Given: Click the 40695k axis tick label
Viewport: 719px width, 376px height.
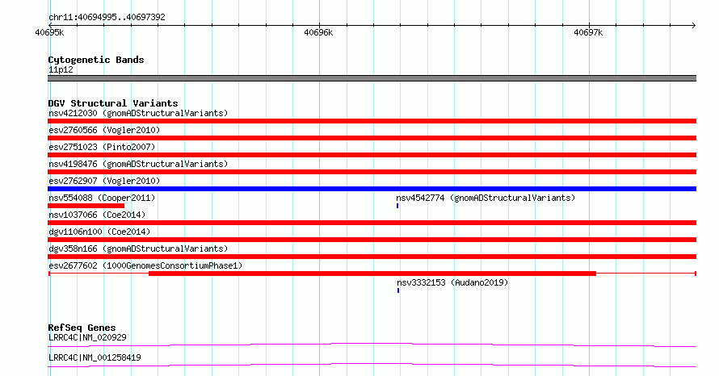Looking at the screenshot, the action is point(49,32).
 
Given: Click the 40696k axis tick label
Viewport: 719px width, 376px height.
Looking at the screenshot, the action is point(318,32).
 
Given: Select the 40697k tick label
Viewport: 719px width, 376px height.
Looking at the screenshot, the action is point(588,32).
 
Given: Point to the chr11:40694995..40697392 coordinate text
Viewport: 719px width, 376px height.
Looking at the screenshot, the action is point(107,17).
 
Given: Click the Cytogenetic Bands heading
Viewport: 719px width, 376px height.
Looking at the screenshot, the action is point(96,60).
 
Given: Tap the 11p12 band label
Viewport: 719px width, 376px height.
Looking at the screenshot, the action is point(61,69).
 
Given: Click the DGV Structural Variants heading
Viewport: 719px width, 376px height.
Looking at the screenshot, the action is point(113,103).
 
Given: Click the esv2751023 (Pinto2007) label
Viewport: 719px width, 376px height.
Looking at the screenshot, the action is point(102,147).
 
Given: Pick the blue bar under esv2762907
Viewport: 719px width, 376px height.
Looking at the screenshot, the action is point(372,189).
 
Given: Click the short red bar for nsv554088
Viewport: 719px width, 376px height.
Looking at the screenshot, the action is point(86,206).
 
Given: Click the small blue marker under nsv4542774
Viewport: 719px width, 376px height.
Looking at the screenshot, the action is point(397,206).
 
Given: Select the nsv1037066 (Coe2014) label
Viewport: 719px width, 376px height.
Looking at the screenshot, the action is point(97,215).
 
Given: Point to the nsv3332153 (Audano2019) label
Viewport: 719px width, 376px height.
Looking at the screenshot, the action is point(452,282).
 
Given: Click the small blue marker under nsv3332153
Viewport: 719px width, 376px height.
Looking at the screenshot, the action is point(398,290).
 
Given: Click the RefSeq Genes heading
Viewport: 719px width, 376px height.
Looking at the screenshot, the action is point(82,328).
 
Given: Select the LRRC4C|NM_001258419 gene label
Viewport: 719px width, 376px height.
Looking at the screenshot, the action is point(95,357).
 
